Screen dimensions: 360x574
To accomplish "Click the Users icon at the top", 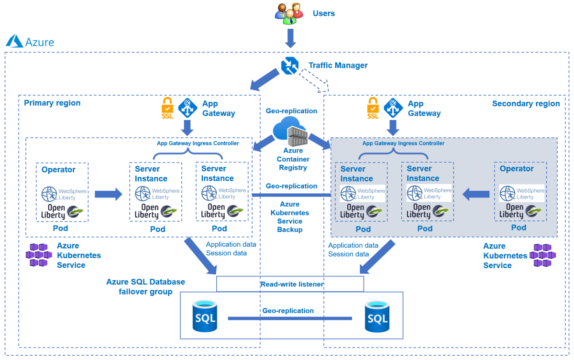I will coord(289,14).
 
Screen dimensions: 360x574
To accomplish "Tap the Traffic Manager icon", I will coord(289,65).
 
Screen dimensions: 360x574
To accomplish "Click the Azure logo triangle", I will coord(15,41).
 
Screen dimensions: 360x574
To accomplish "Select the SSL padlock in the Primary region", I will coord(167,108).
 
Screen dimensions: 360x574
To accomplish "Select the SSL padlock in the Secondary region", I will coord(373,108).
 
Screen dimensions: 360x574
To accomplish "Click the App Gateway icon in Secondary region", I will coord(393,108).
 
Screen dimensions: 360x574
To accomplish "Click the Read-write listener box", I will coord(290,284).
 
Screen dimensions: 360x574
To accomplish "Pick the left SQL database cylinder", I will coord(205,316).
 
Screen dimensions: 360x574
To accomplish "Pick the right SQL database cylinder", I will coord(377,316).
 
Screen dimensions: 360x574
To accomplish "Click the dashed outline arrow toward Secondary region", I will coord(314,80).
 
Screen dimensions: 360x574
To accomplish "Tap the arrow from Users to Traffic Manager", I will coord(290,38).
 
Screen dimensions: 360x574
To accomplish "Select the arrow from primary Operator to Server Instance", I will coord(108,194).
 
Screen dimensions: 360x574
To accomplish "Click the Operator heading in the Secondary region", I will coord(517,169).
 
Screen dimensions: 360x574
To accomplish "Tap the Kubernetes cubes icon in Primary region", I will coord(38,255).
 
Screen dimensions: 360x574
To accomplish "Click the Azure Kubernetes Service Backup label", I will coord(290,217).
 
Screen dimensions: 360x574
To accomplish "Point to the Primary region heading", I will coord(52,103).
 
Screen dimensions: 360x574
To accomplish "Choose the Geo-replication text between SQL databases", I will coord(288,311).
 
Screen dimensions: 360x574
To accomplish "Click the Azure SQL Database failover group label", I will coord(145,287).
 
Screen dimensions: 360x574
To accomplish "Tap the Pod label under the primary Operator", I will coord(62,228).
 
